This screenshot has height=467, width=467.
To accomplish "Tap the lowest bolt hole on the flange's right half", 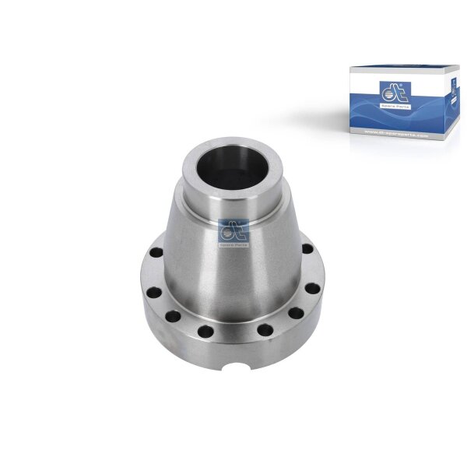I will pyautogui.click(x=264, y=330).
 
